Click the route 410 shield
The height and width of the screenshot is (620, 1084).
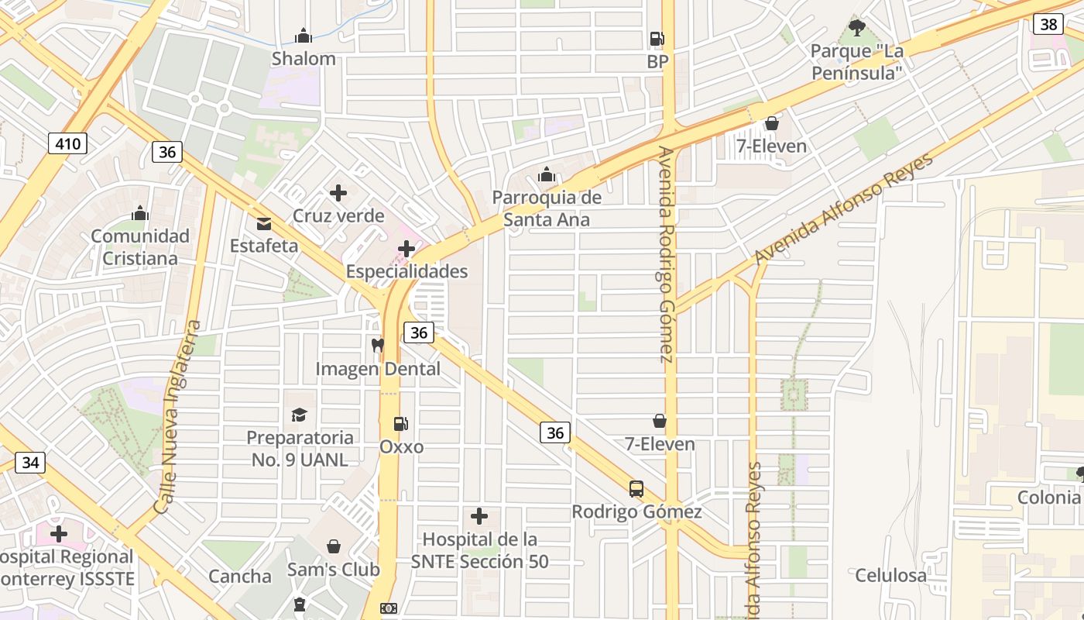click(67, 143)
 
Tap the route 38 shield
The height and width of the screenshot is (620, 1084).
click(1048, 24)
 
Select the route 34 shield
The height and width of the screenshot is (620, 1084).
click(30, 463)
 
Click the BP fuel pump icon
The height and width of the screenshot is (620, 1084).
click(657, 38)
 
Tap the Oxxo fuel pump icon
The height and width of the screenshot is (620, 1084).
click(401, 424)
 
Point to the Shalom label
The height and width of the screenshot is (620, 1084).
click(304, 59)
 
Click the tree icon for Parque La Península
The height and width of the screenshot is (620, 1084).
click(856, 28)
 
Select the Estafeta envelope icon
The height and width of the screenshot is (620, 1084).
click(263, 224)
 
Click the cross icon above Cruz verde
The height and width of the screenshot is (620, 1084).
click(338, 193)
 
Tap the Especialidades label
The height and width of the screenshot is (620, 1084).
click(406, 271)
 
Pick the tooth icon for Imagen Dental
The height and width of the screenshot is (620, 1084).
click(378, 346)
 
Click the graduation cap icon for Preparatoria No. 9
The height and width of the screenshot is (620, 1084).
click(299, 415)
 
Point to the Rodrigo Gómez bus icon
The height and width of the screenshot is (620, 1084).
click(636, 489)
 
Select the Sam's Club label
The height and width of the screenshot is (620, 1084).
click(334, 570)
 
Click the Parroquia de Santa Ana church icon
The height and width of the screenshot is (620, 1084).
click(547, 174)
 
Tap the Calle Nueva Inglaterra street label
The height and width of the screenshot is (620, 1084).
click(179, 417)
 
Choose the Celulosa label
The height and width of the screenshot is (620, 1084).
click(890, 575)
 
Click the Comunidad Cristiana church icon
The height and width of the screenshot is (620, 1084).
click(140, 213)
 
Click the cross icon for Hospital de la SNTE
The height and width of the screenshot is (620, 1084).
click(479, 515)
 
